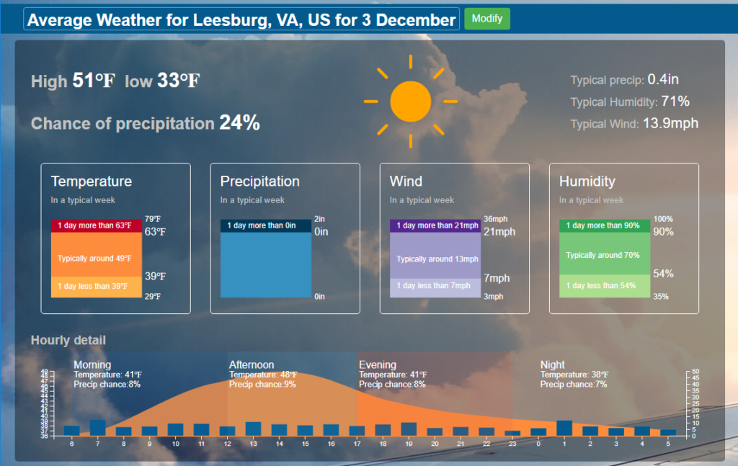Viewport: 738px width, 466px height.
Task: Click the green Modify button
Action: click(x=487, y=19)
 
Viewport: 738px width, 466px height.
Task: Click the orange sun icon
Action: click(x=410, y=102)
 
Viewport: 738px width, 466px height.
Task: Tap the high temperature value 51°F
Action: click(x=94, y=81)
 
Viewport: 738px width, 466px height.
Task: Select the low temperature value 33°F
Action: click(x=179, y=81)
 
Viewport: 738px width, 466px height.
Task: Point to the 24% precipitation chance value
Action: click(x=239, y=123)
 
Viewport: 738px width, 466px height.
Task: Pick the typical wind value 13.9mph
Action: click(x=670, y=123)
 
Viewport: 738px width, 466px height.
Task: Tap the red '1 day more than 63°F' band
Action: click(x=97, y=225)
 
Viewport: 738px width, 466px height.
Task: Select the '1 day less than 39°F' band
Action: click(x=97, y=287)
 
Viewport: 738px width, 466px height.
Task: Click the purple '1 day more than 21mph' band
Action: click(x=435, y=225)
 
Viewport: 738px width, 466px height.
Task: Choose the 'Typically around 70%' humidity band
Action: click(x=605, y=255)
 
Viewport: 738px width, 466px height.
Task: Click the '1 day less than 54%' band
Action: click(x=605, y=286)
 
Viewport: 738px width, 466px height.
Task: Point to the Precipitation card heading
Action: click(x=259, y=182)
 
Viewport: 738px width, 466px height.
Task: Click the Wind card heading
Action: click(x=406, y=182)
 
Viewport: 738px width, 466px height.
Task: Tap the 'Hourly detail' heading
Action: click(x=68, y=340)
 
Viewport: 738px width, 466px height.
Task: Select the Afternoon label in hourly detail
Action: click(x=252, y=365)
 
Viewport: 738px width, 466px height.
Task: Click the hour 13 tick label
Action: click(x=253, y=444)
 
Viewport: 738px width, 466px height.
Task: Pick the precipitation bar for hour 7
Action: click(x=97, y=428)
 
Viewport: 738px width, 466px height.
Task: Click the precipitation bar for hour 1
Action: click(x=564, y=428)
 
